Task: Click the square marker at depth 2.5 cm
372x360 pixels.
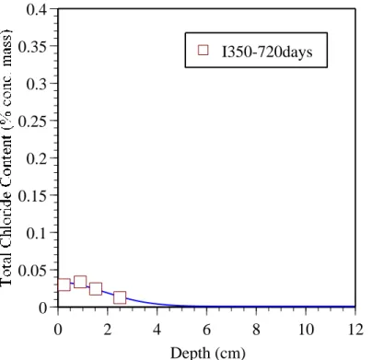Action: (x=120, y=297)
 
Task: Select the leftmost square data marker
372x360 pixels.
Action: (x=64, y=285)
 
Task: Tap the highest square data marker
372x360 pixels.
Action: (x=80, y=282)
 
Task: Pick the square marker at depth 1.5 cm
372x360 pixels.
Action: (x=96, y=289)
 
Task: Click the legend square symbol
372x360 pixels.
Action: (x=203, y=50)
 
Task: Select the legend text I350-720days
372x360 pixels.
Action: (x=267, y=52)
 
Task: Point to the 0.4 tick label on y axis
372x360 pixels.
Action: (x=36, y=10)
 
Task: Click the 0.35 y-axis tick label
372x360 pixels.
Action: (x=32, y=47)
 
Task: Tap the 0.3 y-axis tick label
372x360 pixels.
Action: (x=36, y=84)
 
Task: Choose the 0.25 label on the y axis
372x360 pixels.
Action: (x=32, y=122)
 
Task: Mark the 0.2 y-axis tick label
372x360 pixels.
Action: (x=36, y=158)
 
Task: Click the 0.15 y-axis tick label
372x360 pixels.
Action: (x=32, y=196)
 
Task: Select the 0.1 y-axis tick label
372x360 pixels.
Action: (x=36, y=233)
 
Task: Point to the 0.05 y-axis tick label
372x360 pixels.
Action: (x=32, y=271)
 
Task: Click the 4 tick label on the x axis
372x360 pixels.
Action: (x=157, y=330)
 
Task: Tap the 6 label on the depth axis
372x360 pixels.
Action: (x=206, y=330)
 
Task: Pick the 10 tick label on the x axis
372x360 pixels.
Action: (x=306, y=330)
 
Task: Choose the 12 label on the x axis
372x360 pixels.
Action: (x=355, y=330)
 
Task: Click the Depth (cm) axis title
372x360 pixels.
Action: (x=208, y=353)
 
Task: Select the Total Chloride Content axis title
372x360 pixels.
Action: (x=6, y=158)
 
